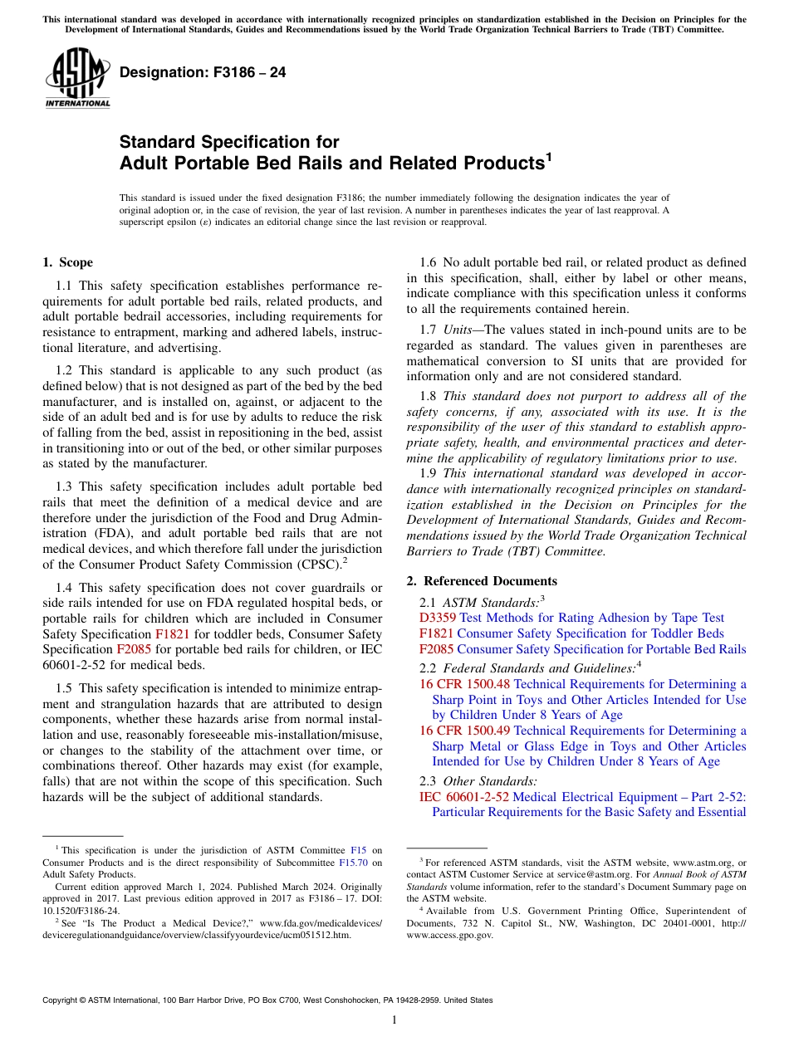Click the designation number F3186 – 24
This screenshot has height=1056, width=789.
pyautogui.click(x=203, y=72)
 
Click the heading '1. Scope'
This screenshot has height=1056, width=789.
pyautogui.click(x=67, y=263)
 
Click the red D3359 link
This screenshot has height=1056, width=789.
pyautogui.click(x=437, y=618)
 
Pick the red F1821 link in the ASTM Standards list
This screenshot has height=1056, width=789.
pyautogui.click(x=437, y=633)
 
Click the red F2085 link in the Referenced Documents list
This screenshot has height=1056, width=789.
pyautogui.click(x=437, y=649)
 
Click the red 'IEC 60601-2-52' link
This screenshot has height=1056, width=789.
pyautogui.click(x=464, y=796)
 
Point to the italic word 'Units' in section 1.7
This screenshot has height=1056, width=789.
pyautogui.click(x=457, y=330)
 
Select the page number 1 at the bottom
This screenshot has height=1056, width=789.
pyautogui.click(x=394, y=1020)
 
